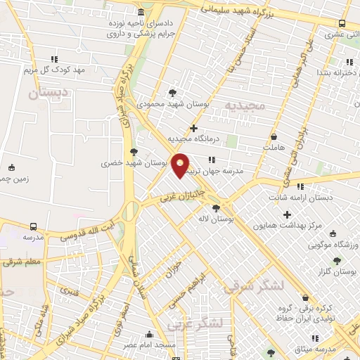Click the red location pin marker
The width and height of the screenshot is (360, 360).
181,165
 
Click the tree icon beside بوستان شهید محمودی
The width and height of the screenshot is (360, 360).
173,93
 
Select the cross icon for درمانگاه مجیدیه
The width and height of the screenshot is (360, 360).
193,129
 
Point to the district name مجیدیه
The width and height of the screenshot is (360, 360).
245,105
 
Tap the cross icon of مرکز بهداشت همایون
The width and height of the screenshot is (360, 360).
287,214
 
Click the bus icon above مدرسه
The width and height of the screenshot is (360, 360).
33,226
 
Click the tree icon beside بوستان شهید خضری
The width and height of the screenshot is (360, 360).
134,152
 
